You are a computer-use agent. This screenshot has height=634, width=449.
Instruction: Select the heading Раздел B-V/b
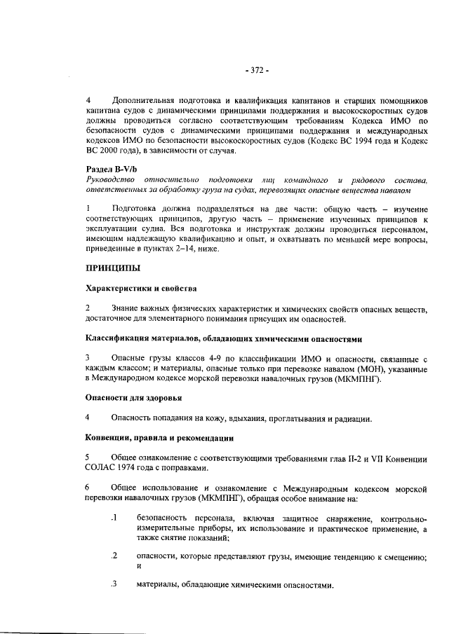tap(109, 169)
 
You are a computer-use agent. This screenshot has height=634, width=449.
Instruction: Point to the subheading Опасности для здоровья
tap(133, 398)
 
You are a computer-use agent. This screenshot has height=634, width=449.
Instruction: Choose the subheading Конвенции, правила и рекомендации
tap(159, 439)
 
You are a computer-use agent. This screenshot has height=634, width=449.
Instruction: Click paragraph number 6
tap(88, 487)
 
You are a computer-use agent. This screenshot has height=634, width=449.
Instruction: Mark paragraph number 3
tap(88, 359)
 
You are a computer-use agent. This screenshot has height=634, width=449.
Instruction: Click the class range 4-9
tap(210, 359)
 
